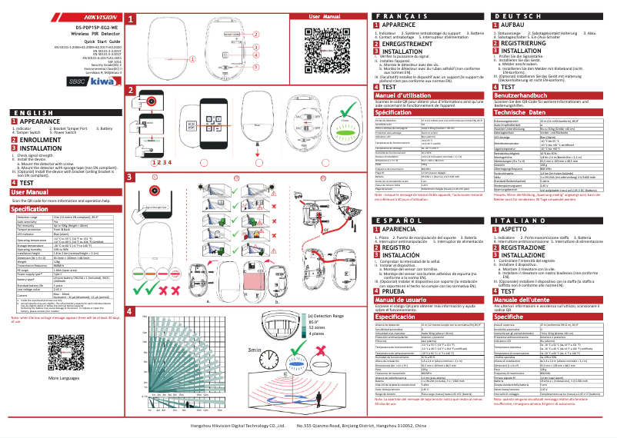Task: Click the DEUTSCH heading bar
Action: [547, 16]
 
